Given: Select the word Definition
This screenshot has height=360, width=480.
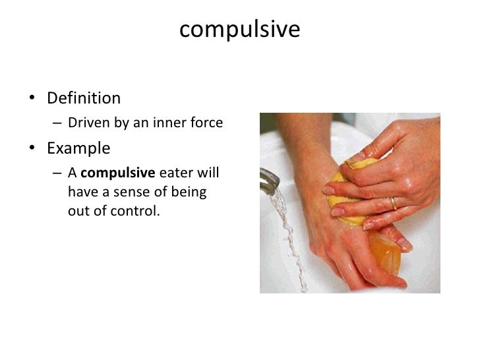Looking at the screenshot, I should coord(84,99).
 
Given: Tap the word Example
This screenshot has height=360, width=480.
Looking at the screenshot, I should coord(78,148).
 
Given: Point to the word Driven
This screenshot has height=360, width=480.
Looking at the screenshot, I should coord(86,123).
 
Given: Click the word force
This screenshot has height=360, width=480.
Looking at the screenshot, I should coord(205,123).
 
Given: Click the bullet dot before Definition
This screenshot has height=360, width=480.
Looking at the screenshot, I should coord(31,100).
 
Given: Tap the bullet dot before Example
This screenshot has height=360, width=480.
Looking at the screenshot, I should coord(31,148).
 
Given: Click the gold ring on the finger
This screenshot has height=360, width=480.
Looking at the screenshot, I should coord(394,203).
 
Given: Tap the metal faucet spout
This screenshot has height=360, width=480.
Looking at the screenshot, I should coord(270,180).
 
